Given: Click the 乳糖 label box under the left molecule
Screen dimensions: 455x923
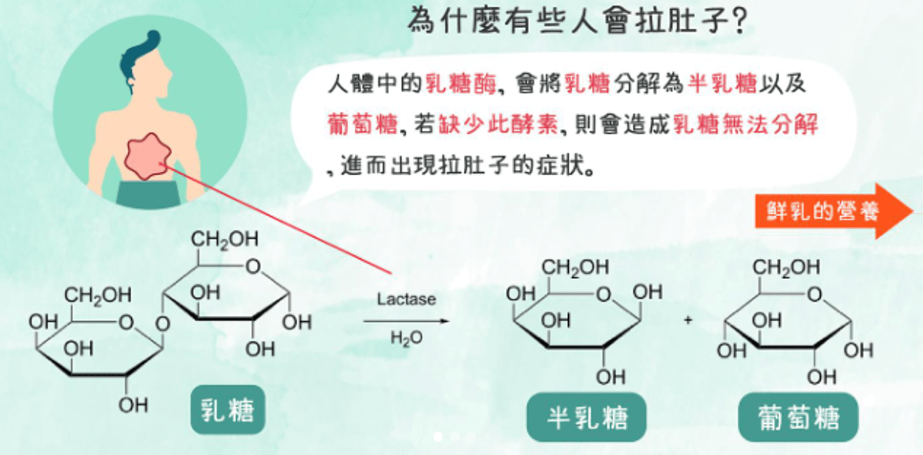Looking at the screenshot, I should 227,410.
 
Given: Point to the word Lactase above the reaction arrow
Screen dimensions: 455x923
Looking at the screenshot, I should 406,299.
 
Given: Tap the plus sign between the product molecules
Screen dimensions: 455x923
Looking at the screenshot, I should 688,321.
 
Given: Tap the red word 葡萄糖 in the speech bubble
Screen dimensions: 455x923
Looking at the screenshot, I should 363,124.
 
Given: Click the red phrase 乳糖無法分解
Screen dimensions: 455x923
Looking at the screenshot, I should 745,124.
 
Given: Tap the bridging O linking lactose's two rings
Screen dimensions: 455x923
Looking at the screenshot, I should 161,325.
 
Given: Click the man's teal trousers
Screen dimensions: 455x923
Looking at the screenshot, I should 148,194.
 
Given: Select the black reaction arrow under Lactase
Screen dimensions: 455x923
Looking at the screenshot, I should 406,321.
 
